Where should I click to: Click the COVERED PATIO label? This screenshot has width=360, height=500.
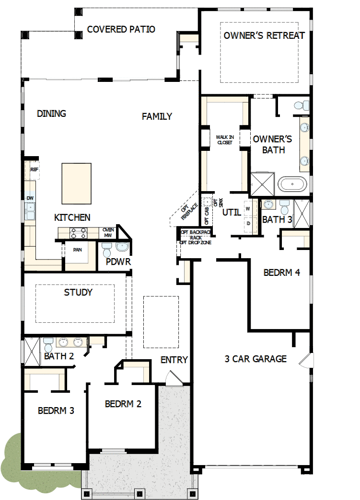point(121,30)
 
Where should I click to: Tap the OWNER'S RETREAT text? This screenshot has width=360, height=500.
point(264,35)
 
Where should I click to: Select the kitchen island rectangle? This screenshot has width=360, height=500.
point(76,183)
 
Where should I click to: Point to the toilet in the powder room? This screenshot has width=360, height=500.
point(107,249)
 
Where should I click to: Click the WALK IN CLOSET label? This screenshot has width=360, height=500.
point(224,139)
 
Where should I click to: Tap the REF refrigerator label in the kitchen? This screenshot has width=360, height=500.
point(34,170)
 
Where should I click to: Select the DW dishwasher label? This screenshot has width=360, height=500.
point(30,198)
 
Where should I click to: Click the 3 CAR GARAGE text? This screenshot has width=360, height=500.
point(255,359)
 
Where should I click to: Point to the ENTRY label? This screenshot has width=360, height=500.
point(174,360)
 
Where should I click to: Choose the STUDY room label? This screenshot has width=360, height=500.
point(78,292)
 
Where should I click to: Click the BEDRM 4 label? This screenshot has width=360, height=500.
point(282,273)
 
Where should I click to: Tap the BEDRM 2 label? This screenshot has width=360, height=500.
point(123,404)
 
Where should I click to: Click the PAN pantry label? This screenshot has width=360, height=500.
point(77,250)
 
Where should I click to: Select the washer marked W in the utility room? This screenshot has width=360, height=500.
point(248,209)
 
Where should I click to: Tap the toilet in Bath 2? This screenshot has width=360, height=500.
point(48,343)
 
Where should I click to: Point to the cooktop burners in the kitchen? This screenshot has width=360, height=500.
point(79,233)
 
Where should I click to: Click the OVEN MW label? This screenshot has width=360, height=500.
point(108,232)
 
